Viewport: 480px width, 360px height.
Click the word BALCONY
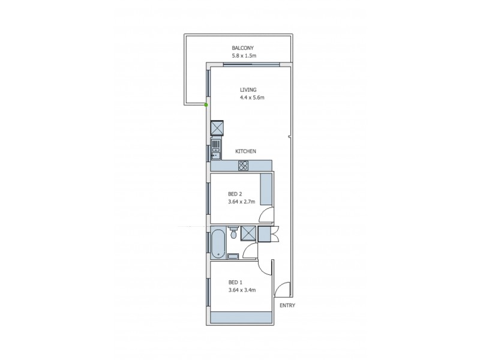pos(244,48)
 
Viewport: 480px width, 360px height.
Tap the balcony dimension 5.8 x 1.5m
pos(244,56)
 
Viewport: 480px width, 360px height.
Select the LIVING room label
pos(248,90)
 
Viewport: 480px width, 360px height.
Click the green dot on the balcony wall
pos(206,105)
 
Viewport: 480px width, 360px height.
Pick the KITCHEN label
pos(245,151)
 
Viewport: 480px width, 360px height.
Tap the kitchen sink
pos(216,146)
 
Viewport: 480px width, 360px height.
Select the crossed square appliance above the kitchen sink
pos(217,128)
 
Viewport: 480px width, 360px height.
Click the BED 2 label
pos(235,194)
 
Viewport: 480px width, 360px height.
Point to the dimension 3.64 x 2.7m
pos(242,202)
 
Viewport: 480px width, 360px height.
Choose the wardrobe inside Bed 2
pos(266,189)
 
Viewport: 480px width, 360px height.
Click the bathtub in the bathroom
pos(217,244)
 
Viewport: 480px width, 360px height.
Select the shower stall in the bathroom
pos(249,234)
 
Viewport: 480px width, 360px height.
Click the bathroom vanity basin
pos(233,256)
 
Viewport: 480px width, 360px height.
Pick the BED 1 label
pos(235,283)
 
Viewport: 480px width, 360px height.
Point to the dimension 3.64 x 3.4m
pos(242,290)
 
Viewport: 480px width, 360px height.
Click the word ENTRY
pos(287,305)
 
